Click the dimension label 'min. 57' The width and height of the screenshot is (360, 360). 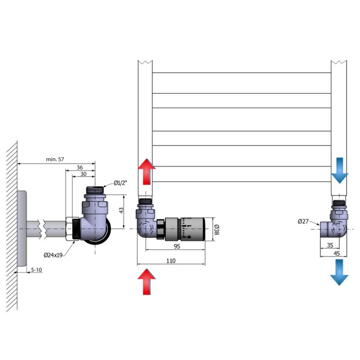(55, 159)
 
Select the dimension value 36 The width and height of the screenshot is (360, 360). (80, 167)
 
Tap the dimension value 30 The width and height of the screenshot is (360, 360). (83, 174)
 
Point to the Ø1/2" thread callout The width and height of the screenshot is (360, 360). (120, 183)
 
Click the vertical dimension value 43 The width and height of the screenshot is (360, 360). (121, 210)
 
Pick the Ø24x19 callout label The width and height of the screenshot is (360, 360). (53, 255)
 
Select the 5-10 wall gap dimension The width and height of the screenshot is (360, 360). (36, 270)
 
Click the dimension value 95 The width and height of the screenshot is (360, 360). (177, 246)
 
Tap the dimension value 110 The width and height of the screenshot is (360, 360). (171, 261)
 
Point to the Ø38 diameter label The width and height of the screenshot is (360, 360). (217, 229)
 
